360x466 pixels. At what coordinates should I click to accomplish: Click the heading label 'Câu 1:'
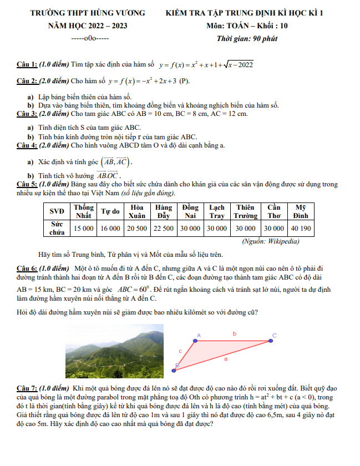tap(27, 65)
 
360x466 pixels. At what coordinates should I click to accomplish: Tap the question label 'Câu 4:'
tap(27, 146)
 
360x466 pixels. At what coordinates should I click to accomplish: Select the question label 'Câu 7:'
tap(27, 388)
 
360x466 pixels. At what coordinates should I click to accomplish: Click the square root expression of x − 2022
tap(239, 65)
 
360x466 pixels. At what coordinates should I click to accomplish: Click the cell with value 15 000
tap(84, 228)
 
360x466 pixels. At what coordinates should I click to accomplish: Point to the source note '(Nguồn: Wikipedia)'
tap(271, 241)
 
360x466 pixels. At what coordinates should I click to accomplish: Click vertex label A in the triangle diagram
tap(198, 335)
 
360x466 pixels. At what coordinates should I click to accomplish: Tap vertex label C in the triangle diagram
tap(274, 335)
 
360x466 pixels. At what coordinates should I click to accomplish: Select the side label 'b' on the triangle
tap(234, 334)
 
